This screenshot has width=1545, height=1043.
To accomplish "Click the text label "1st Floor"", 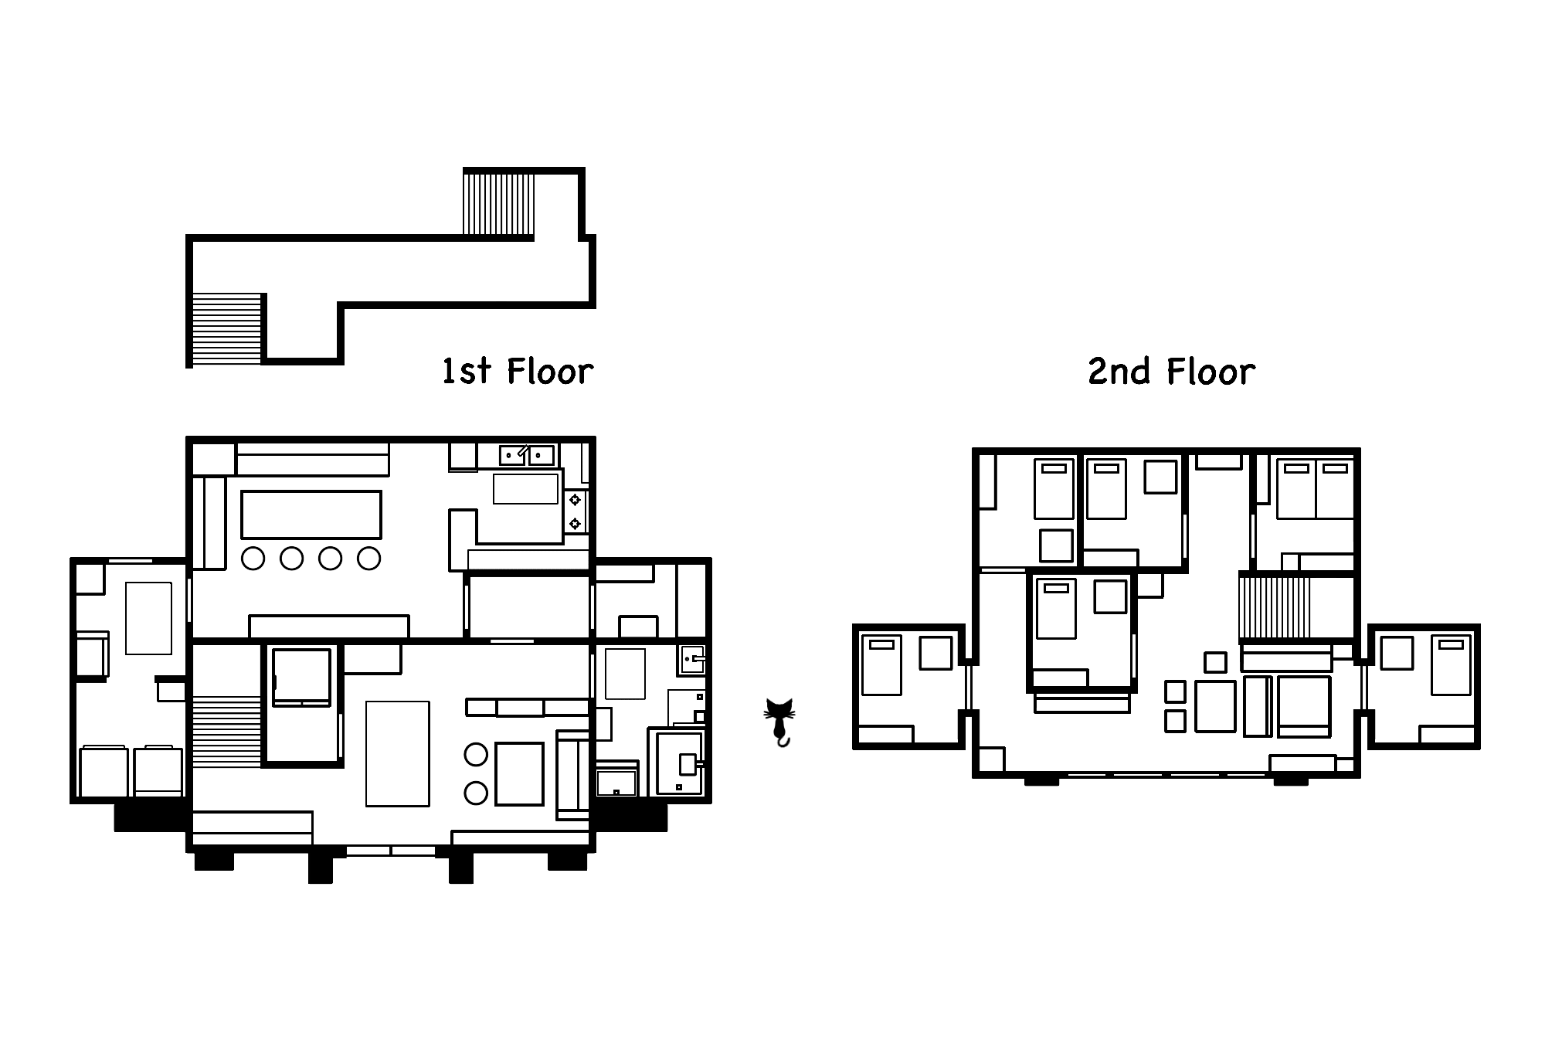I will [x=517, y=372].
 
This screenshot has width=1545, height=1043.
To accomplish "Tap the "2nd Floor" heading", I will [x=1171, y=372].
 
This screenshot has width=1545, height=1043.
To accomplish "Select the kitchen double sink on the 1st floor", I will [x=526, y=455].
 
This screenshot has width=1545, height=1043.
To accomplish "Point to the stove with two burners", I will [x=576, y=511].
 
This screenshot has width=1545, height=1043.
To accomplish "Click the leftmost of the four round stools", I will [x=253, y=558].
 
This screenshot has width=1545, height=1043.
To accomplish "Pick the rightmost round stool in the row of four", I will [x=369, y=558].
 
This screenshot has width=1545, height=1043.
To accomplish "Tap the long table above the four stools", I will [x=311, y=515].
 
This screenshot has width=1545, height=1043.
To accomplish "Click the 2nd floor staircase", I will [x=1275, y=607].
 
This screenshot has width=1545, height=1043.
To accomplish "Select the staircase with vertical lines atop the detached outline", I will [x=499, y=203].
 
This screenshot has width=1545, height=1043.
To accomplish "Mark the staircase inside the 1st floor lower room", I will [x=226, y=731].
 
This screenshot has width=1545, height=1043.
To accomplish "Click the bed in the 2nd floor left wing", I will [x=881, y=664].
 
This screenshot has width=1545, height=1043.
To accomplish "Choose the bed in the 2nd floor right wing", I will [x=1451, y=664].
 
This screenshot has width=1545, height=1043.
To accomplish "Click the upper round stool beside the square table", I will [x=476, y=754].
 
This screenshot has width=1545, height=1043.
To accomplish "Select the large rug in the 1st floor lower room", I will [x=397, y=753].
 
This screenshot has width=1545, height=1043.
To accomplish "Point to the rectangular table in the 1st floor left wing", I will [x=148, y=618].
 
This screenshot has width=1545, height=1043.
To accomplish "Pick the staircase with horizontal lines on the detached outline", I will [x=226, y=329].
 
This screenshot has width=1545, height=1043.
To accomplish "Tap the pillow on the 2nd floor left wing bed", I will [x=881, y=644].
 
